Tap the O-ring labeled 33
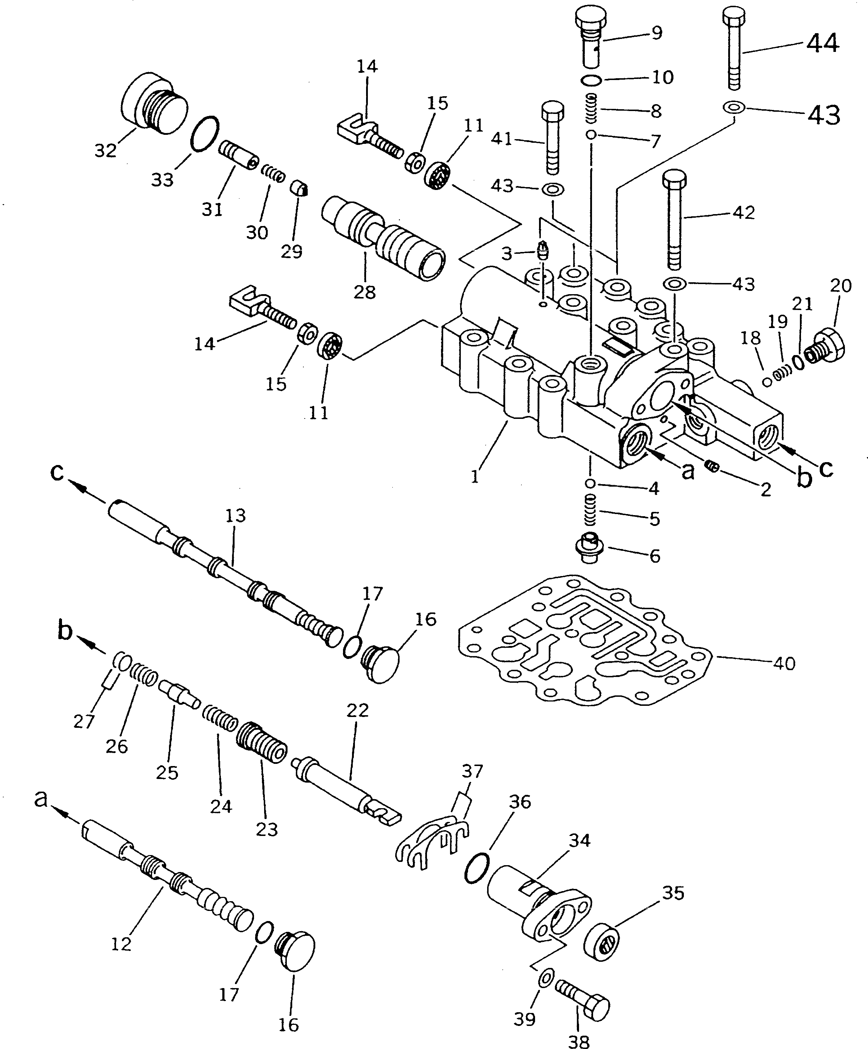click(205, 133)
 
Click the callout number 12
click(121, 944)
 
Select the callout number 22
click(357, 710)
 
